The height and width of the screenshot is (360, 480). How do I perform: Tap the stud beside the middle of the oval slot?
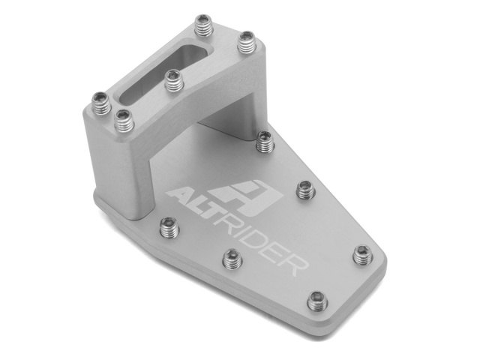click(x=172, y=80)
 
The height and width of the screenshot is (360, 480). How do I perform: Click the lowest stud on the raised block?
click(x=123, y=118)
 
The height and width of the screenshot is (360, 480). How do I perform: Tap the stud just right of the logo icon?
click(x=304, y=189)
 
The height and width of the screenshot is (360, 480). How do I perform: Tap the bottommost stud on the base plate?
click(x=317, y=301)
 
